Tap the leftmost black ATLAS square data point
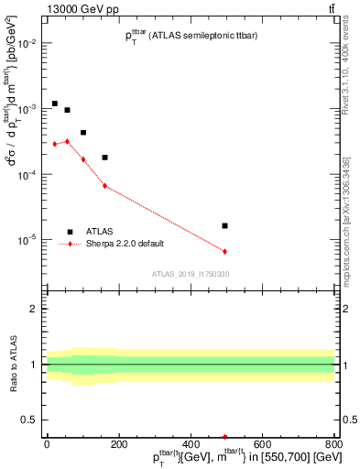tap(55, 104)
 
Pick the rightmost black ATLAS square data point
tap(224, 225)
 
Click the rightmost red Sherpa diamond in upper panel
tap(224, 251)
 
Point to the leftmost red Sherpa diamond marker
tap(55, 144)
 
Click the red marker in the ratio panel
tap(224, 437)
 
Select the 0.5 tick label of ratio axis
tap(31, 420)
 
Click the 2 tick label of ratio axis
tap(35, 309)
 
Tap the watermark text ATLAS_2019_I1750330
tap(190, 274)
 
